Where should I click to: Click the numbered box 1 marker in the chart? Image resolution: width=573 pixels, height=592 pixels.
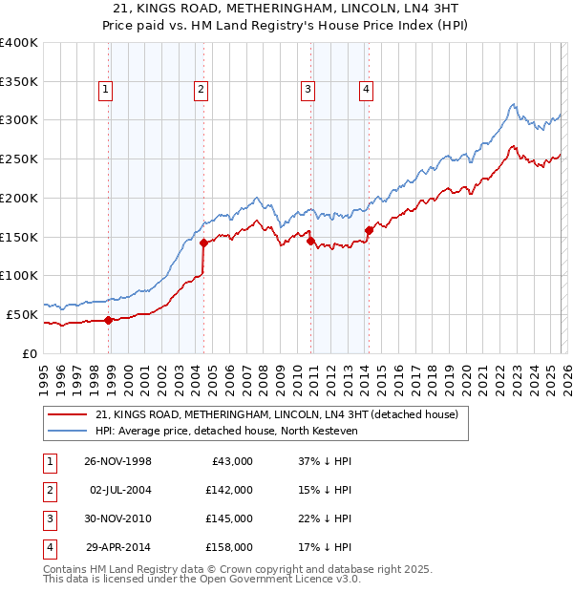[x=104, y=91]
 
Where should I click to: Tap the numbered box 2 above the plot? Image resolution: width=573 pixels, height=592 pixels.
[x=202, y=91]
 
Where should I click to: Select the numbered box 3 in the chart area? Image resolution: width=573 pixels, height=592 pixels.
[x=308, y=91]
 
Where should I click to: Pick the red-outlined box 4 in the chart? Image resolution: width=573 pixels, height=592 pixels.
[x=366, y=91]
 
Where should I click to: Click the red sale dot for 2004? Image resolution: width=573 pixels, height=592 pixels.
[x=203, y=243]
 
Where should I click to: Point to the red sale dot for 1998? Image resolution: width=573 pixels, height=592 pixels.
[x=109, y=320]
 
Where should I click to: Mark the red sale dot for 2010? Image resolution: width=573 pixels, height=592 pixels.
[x=310, y=241]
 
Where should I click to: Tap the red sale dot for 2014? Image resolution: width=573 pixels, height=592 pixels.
[x=369, y=229]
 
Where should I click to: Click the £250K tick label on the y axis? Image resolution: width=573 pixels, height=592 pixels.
[x=19, y=159]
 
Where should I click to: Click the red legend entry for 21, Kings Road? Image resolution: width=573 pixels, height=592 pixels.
[x=277, y=414]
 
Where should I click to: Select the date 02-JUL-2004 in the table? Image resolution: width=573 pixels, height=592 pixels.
[x=120, y=490]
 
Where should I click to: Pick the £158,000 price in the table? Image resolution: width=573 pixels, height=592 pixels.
[x=229, y=548]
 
